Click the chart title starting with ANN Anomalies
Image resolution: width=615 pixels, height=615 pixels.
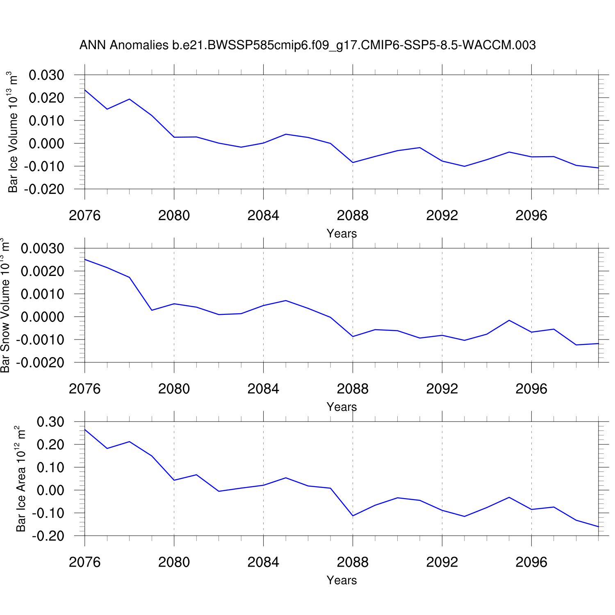pos(307,45)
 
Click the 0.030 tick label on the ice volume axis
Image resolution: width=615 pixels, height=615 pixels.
pos(46,75)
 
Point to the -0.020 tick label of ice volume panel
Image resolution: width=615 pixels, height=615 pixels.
pos(44,189)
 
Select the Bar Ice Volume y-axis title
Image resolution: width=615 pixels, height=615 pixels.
pos(13,132)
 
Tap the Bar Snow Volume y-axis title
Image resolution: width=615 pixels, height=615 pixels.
pos(5,305)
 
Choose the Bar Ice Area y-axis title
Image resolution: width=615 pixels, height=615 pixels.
pos(20,479)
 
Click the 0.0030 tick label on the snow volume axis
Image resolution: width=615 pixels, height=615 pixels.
pos(43,249)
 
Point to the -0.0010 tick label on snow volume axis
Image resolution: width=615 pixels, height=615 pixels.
pos(40,340)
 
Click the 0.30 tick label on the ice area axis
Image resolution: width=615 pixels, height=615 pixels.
pos(50,422)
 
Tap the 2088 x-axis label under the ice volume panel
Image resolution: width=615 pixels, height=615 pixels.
pos(353,216)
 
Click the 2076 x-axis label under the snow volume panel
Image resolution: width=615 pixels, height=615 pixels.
pos(85,389)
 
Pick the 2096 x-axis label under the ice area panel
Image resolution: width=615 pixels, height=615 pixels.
pos(531,563)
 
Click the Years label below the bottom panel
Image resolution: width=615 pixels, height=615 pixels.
pos(342,581)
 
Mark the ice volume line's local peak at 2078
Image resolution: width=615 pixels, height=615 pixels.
pos(130,99)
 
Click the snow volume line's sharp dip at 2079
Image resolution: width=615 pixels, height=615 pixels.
pos(152,310)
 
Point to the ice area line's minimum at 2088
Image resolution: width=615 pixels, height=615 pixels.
pos(353,516)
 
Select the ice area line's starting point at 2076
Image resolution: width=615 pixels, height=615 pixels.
pos(85,429)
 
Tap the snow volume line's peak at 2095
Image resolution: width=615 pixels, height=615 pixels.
pos(509,320)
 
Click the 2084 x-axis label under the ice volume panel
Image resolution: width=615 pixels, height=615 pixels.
pos(263,216)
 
